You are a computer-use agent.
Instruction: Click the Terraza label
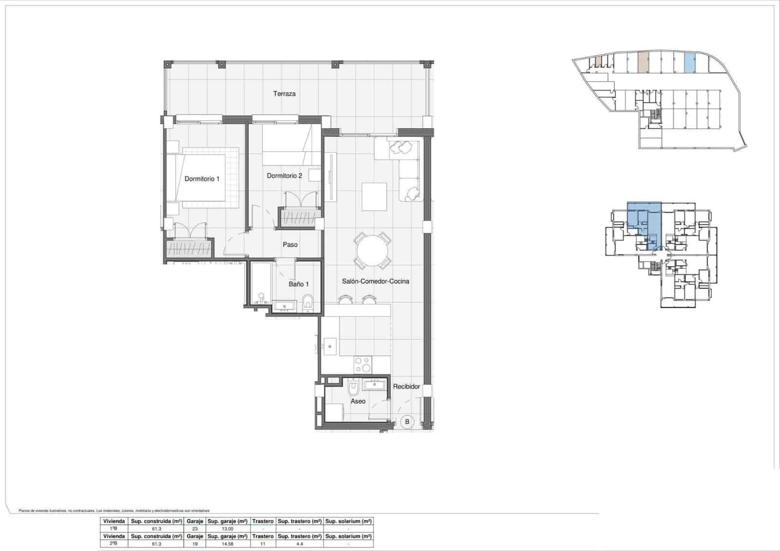284,94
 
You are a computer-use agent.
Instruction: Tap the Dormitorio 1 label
202,179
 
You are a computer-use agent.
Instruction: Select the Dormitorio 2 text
284,176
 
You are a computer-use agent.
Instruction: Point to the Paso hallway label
290,245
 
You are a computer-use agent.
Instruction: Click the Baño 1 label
298,284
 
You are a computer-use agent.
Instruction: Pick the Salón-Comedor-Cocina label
375,281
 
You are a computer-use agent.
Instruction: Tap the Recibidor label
407,386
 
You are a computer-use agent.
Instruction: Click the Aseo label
358,401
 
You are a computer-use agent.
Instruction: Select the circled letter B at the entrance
407,422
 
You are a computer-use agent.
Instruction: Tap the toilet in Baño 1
307,303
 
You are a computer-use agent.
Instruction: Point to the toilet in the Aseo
354,389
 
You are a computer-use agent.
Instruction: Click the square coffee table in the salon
374,197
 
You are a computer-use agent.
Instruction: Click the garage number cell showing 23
195,529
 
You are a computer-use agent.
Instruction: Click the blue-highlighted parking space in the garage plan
689,62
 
